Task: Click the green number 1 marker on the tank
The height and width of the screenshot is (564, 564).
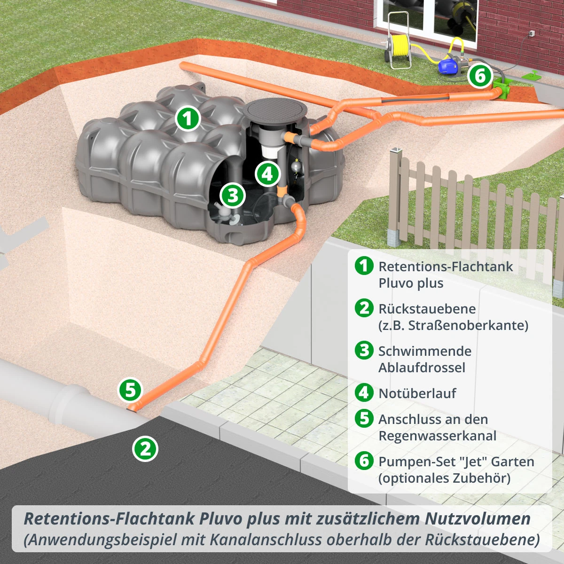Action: (x=188, y=118)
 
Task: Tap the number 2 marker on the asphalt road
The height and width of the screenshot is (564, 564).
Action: (x=145, y=448)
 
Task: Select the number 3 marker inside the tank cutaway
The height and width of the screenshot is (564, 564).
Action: (x=233, y=195)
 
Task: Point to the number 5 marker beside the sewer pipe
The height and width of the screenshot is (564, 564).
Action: (x=130, y=390)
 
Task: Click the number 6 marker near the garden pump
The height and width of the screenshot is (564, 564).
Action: (x=480, y=76)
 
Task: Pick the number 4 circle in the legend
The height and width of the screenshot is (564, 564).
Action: (x=364, y=392)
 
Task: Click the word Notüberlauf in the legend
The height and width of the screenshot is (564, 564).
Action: (x=417, y=393)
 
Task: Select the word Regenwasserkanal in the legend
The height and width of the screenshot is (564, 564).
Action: (x=437, y=436)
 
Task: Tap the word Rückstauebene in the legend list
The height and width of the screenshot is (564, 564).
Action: (x=427, y=309)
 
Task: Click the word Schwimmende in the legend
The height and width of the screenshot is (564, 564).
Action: (x=424, y=351)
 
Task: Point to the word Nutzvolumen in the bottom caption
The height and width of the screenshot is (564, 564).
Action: (x=478, y=519)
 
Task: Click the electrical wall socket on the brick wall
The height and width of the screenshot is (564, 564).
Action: (x=532, y=33)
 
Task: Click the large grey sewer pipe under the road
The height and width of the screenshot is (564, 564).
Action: (x=56, y=392)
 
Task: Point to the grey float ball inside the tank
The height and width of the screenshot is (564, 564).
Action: (x=296, y=166)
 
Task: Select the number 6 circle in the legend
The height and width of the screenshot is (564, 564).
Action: (x=364, y=461)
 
